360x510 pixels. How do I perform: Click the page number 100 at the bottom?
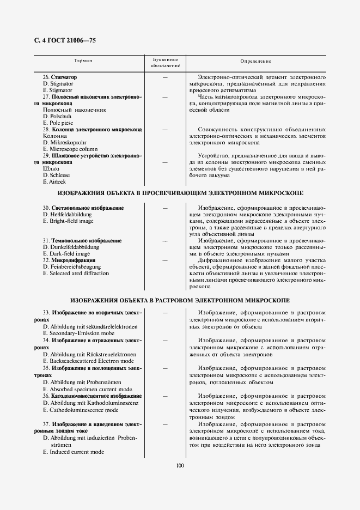coord(180,465)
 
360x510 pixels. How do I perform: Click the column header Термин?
coord(83,62)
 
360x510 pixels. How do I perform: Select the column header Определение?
coord(255,62)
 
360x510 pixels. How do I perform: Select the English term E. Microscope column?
coord(70,149)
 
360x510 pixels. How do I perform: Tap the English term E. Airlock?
coord(54,181)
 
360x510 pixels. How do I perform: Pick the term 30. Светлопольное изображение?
coord(83,208)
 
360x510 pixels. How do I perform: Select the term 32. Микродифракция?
coord(69,260)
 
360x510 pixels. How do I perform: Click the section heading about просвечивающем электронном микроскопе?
coord(180,193)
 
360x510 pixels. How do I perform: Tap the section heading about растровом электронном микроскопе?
coord(180,300)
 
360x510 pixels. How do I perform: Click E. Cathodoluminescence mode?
coord(80,410)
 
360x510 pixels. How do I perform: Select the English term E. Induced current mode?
coord(74,452)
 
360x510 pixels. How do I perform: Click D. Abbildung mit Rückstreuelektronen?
coord(89,354)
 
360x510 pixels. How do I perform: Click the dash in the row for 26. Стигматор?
coord(164,77)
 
